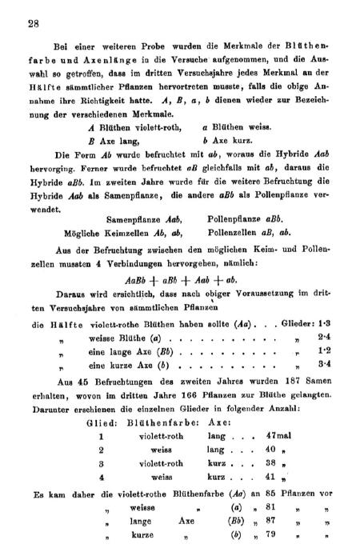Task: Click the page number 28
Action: (x=32, y=24)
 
